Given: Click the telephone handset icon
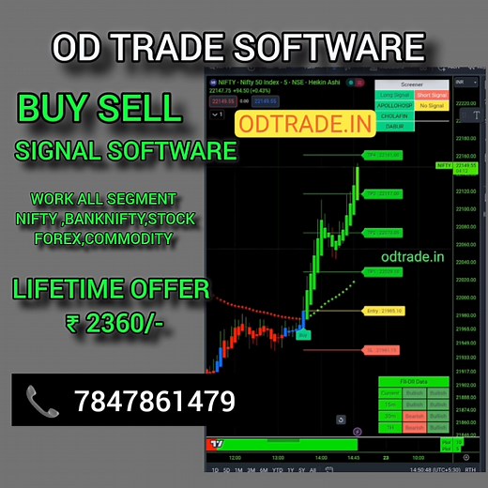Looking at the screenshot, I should pos(42,403).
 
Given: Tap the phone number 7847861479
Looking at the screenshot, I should pos(154,403).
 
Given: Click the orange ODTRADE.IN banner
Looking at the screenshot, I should pos(292,121).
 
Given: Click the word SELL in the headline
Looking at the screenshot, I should pos(144,108).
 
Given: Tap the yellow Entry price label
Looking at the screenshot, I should pos(383,310).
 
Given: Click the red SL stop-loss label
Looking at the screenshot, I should pos(381,350).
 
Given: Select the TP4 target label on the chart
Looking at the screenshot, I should pos(383,154).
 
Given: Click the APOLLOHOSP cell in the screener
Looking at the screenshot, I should pos(395,106).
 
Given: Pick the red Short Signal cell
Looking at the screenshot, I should pos(433,95).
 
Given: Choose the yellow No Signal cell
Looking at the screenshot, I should pos(433,106).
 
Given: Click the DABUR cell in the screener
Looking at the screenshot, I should pos(395,129).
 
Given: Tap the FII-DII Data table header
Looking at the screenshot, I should pos(414,382).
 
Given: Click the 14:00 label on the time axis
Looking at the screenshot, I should pos(321,457).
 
